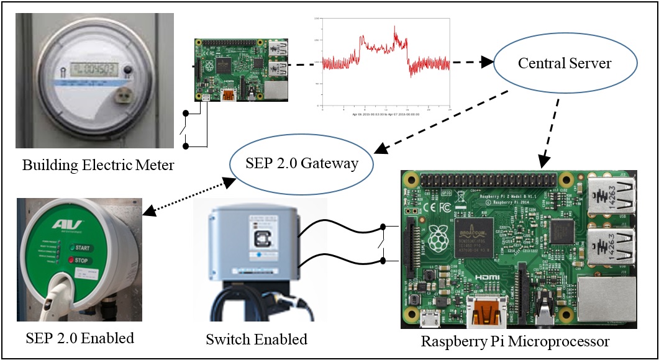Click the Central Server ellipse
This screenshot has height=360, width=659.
(565, 63)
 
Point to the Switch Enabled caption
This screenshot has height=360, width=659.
(257, 340)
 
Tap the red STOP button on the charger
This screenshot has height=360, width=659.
(82, 261)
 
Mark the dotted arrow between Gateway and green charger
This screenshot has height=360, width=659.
(187, 195)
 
